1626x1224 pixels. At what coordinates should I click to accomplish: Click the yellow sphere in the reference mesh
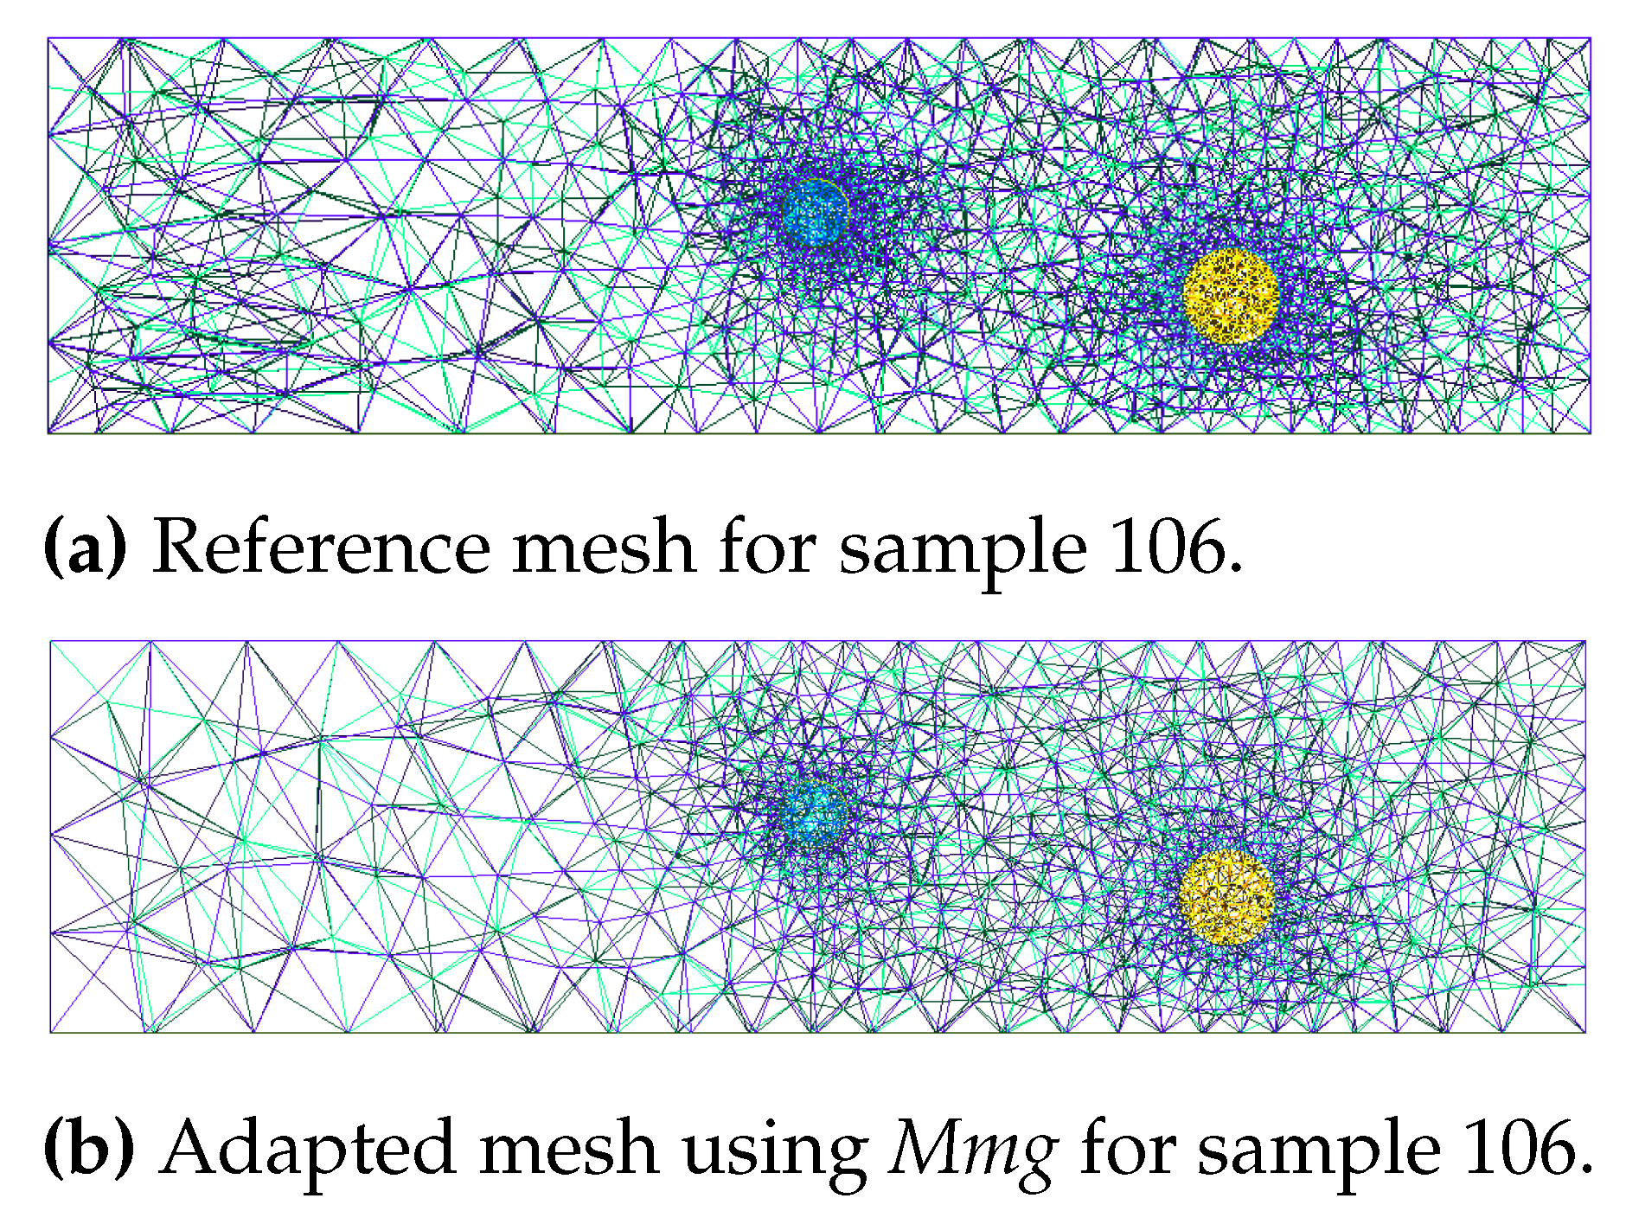[x=1230, y=296]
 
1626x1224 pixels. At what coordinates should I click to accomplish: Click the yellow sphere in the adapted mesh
[x=1226, y=896]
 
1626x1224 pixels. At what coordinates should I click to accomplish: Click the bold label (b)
[x=88, y=1148]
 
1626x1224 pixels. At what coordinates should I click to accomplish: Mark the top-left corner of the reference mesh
[x=48, y=38]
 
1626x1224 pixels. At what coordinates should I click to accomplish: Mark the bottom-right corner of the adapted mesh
[x=1584, y=1031]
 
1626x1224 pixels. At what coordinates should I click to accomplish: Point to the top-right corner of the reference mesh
[x=1590, y=38]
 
